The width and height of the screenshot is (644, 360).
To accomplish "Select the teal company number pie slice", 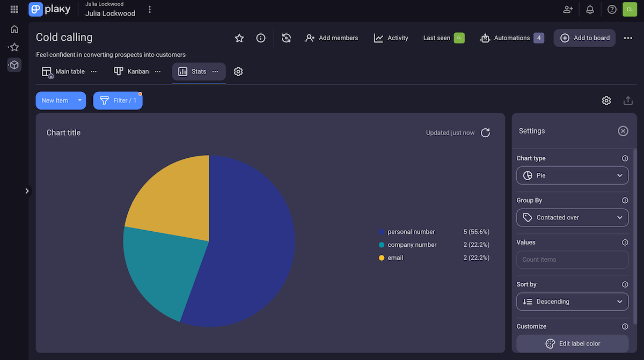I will click(161, 268).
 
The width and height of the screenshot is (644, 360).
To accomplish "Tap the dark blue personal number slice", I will click(252, 241).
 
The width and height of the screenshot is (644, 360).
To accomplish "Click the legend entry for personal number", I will click(411, 232).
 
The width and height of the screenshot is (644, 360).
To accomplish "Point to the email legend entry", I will click(395, 258).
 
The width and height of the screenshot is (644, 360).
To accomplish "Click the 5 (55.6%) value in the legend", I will click(476, 232).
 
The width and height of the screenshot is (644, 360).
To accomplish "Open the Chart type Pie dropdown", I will click(572, 175).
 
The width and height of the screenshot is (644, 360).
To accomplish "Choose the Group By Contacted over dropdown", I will click(572, 217).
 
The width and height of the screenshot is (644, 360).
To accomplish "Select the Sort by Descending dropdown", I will click(572, 302).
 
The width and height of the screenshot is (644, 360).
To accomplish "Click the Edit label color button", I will click(572, 343).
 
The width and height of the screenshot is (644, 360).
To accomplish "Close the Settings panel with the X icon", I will click(623, 131).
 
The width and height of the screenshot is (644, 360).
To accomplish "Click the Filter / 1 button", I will click(118, 100).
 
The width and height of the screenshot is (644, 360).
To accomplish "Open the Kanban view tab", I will click(132, 71).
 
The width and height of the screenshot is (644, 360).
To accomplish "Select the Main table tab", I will click(64, 71).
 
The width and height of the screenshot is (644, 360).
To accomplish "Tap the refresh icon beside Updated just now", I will click(485, 133).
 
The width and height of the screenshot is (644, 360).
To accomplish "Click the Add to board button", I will click(584, 38).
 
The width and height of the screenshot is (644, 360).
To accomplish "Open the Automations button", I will click(512, 38).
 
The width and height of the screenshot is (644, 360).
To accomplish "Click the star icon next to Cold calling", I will click(239, 38).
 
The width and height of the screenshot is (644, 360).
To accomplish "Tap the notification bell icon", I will click(590, 9).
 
